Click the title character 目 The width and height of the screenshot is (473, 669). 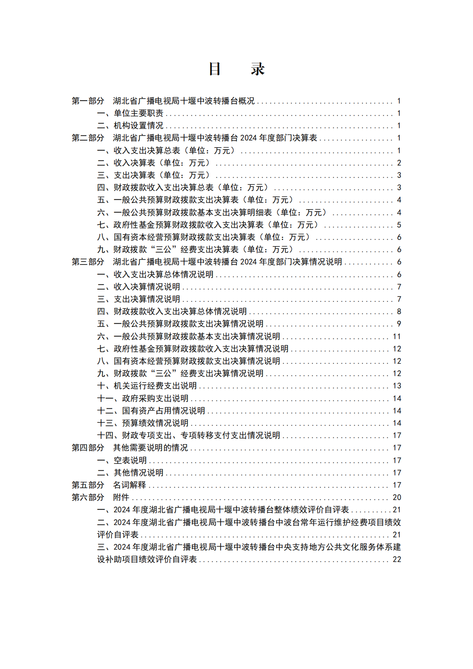pyautogui.click(x=215, y=69)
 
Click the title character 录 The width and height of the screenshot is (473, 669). pyautogui.click(x=258, y=69)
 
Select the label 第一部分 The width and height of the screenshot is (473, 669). pyautogui.click(x=88, y=101)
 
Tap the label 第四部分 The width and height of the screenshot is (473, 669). pyautogui.click(x=88, y=448)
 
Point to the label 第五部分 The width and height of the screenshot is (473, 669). pyautogui.click(x=88, y=485)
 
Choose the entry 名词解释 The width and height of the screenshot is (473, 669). pyautogui.click(x=129, y=485)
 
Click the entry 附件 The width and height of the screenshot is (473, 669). pyautogui.click(x=121, y=497)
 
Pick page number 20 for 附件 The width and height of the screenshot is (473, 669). pyautogui.click(x=397, y=497)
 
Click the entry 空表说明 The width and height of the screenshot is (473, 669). pyautogui.click(x=130, y=460)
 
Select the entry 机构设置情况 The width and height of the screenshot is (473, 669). pyautogui.click(x=139, y=126)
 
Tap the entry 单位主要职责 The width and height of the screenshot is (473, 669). pyautogui.click(x=139, y=113)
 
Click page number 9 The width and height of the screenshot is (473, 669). pyautogui.click(x=399, y=324)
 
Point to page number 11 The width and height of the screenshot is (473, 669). pyautogui.click(x=397, y=336)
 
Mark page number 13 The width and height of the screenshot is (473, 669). pyautogui.click(x=397, y=386)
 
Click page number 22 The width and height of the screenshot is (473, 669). pyautogui.click(x=397, y=559)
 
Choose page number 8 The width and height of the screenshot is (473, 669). pyautogui.click(x=399, y=311)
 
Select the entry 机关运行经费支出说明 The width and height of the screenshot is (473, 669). pyautogui.click(x=155, y=386)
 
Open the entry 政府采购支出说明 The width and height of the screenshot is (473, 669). pyautogui.click(x=155, y=398)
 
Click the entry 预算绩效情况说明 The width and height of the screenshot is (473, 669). pyautogui.click(x=155, y=423)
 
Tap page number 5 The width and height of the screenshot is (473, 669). pyautogui.click(x=399, y=225)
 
